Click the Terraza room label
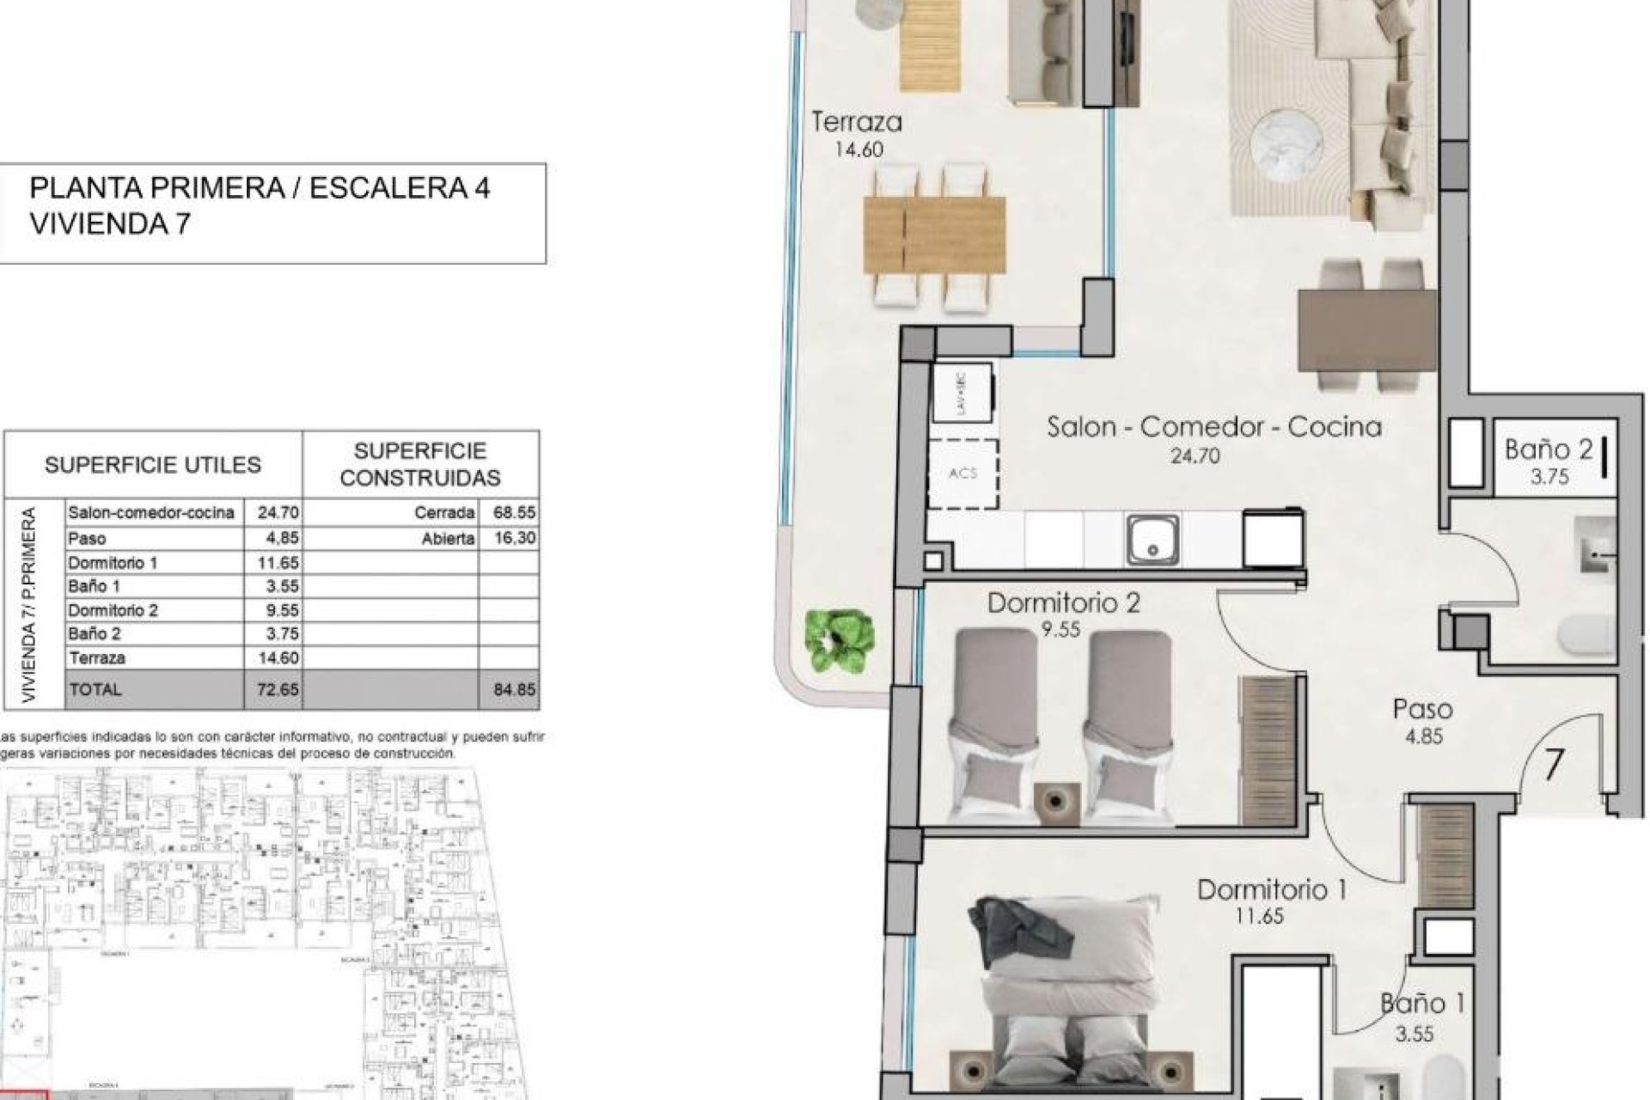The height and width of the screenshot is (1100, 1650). pyautogui.click(x=857, y=123)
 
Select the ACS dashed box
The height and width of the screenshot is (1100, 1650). pyautogui.click(x=963, y=474)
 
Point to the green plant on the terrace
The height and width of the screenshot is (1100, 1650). pyautogui.click(x=840, y=640)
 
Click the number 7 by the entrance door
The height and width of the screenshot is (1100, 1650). pyautogui.click(x=1552, y=764)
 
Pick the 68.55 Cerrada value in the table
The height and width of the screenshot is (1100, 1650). pyautogui.click(x=515, y=513)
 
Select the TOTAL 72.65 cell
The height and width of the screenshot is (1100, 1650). pyautogui.click(x=277, y=689)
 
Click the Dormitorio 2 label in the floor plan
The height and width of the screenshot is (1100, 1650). pyautogui.click(x=1063, y=603)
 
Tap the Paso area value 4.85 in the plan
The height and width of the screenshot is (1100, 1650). pyautogui.click(x=1424, y=736)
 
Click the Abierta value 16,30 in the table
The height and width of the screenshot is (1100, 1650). pyautogui.click(x=515, y=538)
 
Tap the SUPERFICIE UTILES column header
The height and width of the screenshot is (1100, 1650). pyautogui.click(x=153, y=465)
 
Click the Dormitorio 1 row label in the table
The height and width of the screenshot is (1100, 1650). pyautogui.click(x=113, y=562)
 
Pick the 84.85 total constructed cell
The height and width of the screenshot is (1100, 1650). pyautogui.click(x=515, y=689)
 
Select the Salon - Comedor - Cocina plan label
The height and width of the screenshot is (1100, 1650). pyautogui.click(x=1213, y=427)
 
